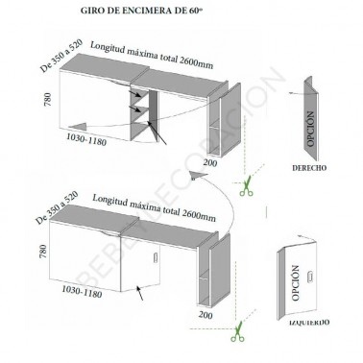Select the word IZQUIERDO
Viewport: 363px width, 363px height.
pyautogui.click(x=309, y=320)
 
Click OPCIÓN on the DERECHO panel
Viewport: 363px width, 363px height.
pyautogui.click(x=309, y=131)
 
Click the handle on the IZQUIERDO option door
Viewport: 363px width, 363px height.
pyautogui.click(x=309, y=279)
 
